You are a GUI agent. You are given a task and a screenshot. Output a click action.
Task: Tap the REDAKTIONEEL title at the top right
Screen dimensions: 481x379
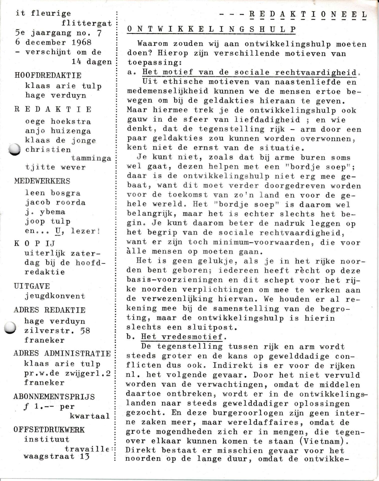pos(308,14)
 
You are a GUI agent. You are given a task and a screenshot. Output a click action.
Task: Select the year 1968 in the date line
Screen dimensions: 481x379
pos(81,42)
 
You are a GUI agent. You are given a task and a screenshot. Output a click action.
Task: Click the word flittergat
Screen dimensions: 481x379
pos(87,23)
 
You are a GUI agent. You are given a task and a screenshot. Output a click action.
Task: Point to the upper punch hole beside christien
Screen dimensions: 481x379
pos(15,149)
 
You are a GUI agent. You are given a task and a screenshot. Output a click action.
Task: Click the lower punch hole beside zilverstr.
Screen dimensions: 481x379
pos(11,327)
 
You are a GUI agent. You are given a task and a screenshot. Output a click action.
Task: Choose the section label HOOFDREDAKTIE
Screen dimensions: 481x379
pos(48,75)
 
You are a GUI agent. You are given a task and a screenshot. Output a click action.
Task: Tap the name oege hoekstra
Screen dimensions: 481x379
pos(58,122)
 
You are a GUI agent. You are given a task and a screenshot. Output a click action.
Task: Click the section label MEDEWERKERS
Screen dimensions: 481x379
pos(42,181)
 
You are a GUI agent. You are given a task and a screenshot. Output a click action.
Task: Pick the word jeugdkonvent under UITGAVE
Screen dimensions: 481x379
pos(55,296)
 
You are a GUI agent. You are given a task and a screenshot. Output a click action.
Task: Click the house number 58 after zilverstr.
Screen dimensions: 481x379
pos(84,330)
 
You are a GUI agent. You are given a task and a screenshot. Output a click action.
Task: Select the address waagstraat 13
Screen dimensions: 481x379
pos(57,456)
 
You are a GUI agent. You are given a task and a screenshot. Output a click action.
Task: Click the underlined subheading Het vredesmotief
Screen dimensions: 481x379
pos(182,337)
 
